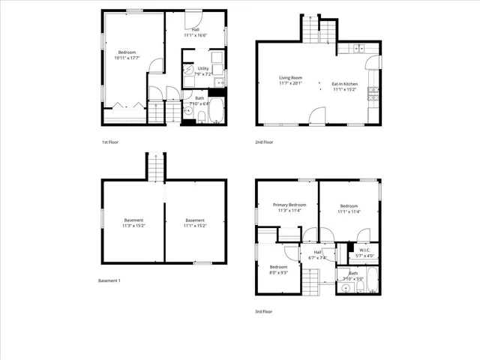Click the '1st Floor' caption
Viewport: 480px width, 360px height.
[110, 142]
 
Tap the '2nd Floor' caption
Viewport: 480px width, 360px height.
[265, 142]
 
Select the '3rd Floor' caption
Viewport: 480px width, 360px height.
[265, 311]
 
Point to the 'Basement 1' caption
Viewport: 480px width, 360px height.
[109, 280]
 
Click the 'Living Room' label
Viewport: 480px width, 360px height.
[290, 77]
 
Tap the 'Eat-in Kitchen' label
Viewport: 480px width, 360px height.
[345, 83]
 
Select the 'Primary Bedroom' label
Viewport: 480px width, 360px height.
[289, 205]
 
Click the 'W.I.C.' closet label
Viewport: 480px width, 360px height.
[364, 250]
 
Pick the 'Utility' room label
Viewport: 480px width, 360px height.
[202, 68]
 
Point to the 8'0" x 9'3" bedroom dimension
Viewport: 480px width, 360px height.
[278, 272]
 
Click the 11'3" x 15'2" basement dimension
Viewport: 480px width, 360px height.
[133, 225]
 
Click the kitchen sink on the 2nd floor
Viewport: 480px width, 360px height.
[358, 49]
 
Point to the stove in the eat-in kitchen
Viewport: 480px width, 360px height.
[373, 94]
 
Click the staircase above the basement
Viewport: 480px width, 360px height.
[154, 166]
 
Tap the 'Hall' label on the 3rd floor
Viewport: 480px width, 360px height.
[317, 252]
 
